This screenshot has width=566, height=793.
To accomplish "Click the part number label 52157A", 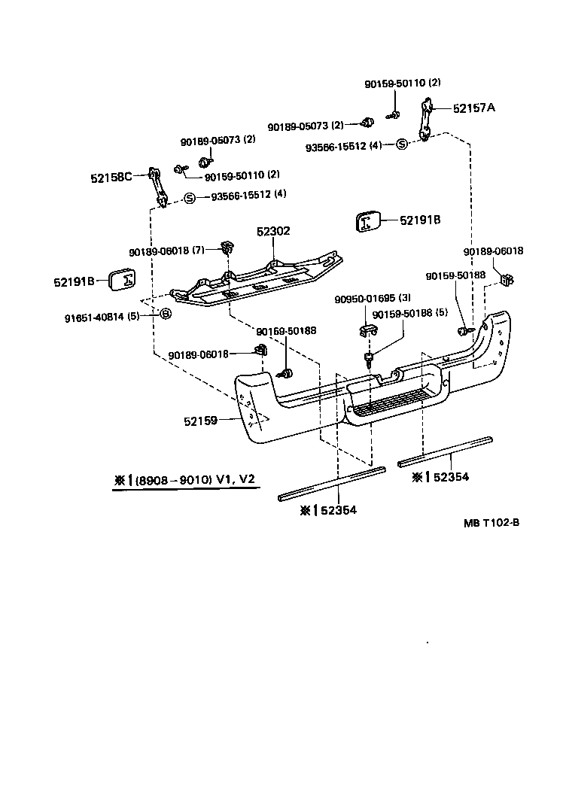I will point(474,108).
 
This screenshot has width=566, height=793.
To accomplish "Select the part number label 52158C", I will point(111,178).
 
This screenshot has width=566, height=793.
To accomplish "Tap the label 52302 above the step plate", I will point(272,232).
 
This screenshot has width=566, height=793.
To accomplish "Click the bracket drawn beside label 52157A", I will point(427,119).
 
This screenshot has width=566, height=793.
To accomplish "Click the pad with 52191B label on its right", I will point(367,221).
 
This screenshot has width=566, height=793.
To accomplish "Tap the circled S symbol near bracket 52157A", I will point(401,144).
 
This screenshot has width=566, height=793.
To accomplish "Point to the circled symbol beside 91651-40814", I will point(166,314).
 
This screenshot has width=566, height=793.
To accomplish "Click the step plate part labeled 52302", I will point(256,283).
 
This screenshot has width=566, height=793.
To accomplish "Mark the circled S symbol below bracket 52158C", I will point(190,199).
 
